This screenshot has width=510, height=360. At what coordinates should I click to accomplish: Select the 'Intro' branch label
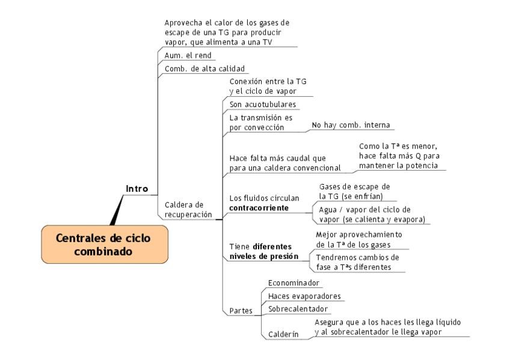pyautogui.click(x=137, y=189)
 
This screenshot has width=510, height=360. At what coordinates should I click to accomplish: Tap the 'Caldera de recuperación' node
pyautogui.click(x=188, y=209)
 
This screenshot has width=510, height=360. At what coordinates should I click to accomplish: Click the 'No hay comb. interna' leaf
pyautogui.click(x=351, y=125)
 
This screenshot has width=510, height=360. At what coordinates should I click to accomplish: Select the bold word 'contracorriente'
pyautogui.click(x=259, y=208)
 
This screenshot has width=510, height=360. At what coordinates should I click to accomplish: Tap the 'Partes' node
pyautogui.click(x=241, y=310)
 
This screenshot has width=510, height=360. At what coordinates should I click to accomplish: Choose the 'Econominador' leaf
pyautogui.click(x=293, y=282)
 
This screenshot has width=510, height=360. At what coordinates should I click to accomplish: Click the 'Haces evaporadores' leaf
pyautogui.click(x=304, y=296)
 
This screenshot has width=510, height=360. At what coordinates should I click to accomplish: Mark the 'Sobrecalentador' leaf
pyautogui.click(x=298, y=309)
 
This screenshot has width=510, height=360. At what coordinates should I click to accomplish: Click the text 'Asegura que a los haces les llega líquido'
pyautogui.click(x=388, y=322)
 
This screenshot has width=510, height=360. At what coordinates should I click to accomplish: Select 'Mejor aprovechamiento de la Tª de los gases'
pyautogui.click(x=359, y=239)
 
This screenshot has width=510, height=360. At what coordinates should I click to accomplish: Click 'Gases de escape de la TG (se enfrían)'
pyautogui.click(x=354, y=191)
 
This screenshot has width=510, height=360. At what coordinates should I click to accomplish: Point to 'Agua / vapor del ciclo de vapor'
pyautogui.click(x=364, y=209)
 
